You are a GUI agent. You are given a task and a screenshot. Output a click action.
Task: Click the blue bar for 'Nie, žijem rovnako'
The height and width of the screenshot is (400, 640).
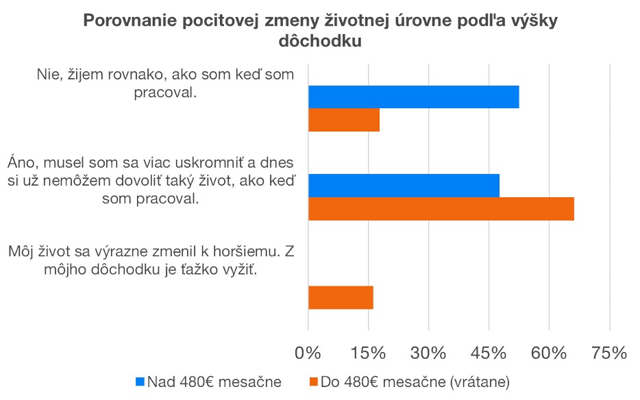(413, 97)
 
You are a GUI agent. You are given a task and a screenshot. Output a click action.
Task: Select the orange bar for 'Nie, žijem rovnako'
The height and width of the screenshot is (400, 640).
(343, 121)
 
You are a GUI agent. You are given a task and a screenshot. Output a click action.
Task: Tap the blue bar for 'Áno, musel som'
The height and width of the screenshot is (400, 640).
(404, 186)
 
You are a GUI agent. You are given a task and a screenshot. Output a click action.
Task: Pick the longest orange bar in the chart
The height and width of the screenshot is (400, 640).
(441, 209)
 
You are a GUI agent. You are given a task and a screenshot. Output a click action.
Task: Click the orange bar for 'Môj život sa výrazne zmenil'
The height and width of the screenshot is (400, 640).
(341, 297)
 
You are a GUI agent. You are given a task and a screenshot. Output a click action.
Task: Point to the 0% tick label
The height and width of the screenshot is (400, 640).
(308, 353)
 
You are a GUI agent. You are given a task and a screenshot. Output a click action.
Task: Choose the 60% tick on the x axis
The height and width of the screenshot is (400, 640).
(549, 353)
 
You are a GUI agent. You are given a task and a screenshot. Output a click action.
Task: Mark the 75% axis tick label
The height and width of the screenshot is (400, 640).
(609, 353)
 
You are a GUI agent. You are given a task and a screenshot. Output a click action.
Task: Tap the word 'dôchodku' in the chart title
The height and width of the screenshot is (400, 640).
(320, 41)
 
